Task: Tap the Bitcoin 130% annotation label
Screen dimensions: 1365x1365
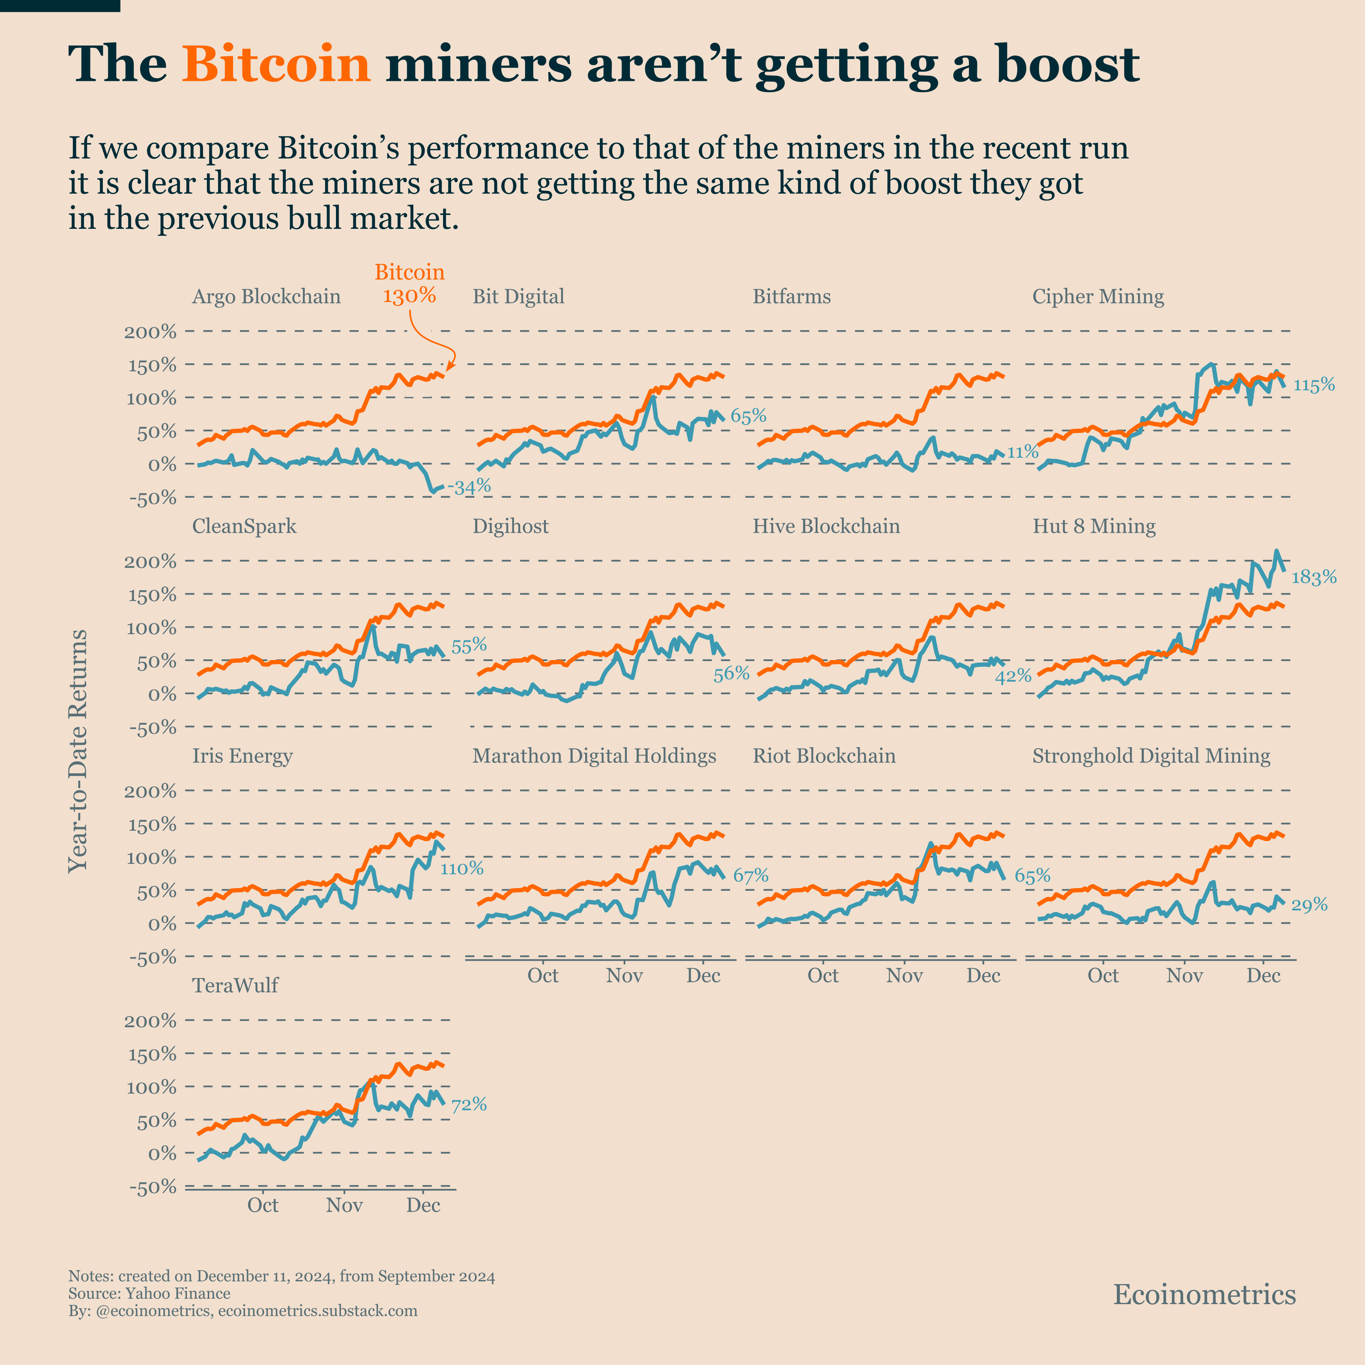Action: (x=409, y=283)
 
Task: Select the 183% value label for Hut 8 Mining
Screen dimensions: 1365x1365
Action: (x=1313, y=577)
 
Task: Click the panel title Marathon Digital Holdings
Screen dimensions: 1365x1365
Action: (x=593, y=756)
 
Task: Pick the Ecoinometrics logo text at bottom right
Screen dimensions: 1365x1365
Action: (x=1204, y=1294)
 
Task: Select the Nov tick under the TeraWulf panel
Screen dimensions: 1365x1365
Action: (x=344, y=1205)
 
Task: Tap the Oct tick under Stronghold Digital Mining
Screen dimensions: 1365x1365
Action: (x=1103, y=976)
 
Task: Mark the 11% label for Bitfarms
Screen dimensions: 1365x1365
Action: (x=1022, y=452)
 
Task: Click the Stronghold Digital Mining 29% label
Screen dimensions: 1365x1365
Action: (x=1309, y=905)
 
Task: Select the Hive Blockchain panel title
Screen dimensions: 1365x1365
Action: (x=826, y=526)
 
